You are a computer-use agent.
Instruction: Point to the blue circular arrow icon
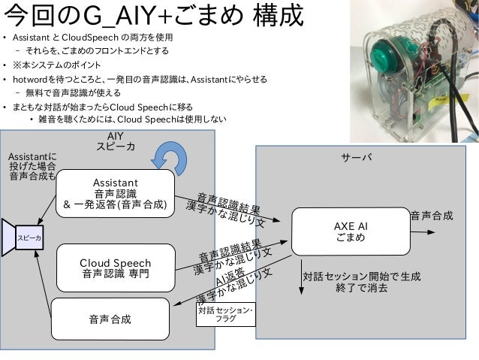coord(169,159)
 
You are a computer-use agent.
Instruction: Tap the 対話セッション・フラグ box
coord(224,314)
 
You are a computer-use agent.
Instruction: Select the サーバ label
coord(357,158)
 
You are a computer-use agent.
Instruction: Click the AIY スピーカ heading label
coord(116,141)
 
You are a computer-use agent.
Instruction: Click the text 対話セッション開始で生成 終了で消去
coord(362,282)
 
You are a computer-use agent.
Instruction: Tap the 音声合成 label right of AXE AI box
coord(431,216)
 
